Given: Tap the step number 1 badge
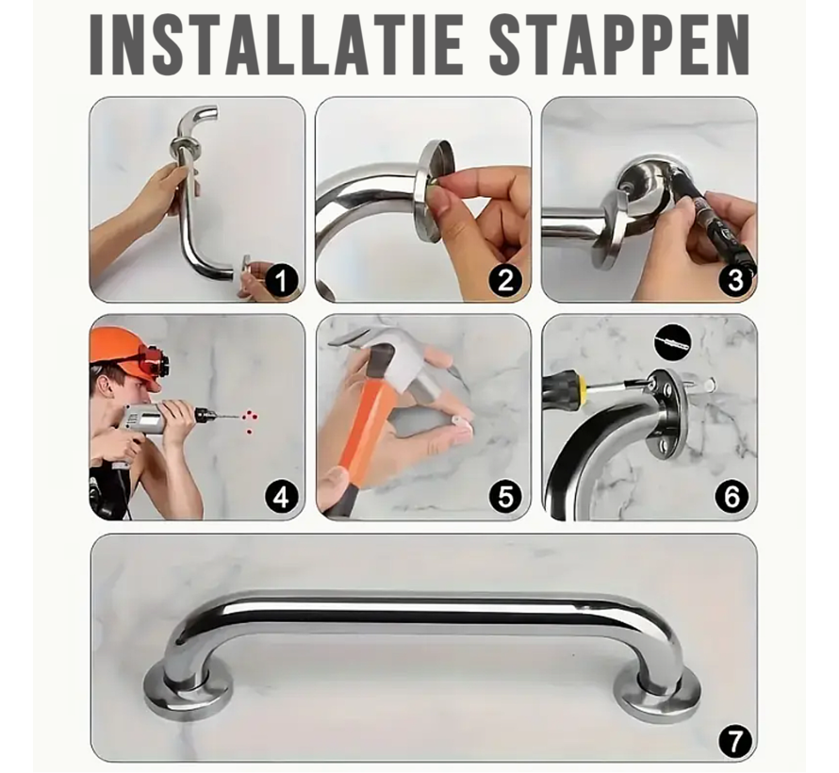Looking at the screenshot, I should tap(282, 280).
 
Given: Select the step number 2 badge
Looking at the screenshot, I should tap(507, 280).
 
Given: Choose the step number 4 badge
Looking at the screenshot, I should tap(282, 495).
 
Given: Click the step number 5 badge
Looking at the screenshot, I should tap(507, 495).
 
